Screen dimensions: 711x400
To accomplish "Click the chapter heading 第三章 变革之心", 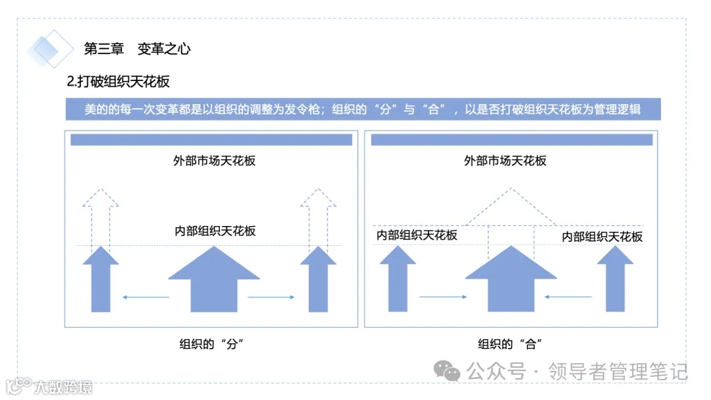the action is coord(138,49).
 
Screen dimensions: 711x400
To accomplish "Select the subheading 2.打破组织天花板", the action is coord(118,82).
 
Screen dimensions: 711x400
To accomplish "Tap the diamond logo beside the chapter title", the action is coord(50,49).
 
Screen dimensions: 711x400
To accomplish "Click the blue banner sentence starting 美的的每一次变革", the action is coord(363,109).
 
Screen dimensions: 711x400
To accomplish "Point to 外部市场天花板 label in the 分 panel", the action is coord(211,160).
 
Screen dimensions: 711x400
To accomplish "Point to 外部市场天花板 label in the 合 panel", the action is coord(505,160).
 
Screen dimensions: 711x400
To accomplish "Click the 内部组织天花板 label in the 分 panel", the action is coord(215,231).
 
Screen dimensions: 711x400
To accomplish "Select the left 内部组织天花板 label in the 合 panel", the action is coord(417,235).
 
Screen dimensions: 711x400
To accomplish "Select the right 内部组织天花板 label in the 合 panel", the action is coord(602,237).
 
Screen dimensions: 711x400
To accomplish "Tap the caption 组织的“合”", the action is coord(510,344).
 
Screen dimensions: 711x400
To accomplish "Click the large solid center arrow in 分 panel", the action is coord(214,280).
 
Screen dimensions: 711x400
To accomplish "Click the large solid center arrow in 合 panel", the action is coord(511,280).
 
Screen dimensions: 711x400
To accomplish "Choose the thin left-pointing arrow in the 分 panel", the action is coord(146,297).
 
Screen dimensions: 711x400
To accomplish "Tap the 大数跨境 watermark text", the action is coord(64,386).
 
